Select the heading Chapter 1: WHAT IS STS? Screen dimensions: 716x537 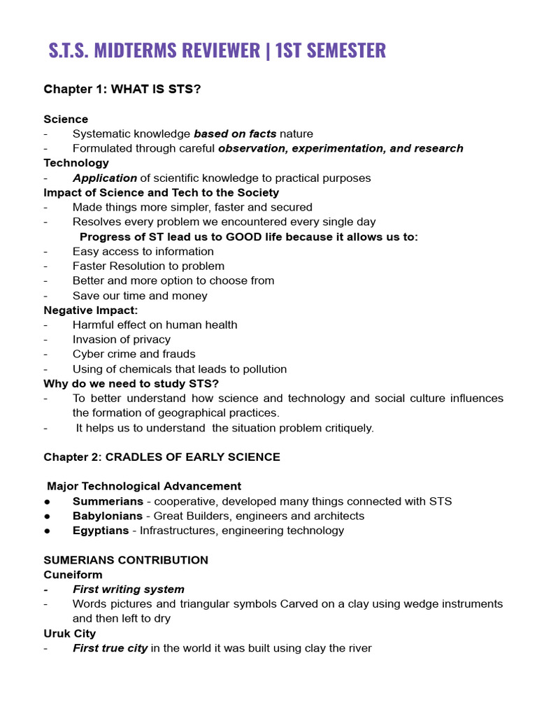(x=117, y=89)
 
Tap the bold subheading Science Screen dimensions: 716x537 (x=66, y=119)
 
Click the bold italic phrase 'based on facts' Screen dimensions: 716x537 (x=235, y=134)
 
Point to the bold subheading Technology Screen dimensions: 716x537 (x=76, y=163)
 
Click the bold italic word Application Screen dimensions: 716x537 (x=105, y=178)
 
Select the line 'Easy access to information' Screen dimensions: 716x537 (x=143, y=251)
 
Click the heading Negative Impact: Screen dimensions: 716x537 (x=91, y=310)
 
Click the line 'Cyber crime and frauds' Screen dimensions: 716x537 (x=134, y=354)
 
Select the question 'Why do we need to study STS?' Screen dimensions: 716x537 (x=131, y=383)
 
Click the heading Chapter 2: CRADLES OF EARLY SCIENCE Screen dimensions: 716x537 (x=162, y=457)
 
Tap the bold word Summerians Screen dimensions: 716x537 (x=110, y=501)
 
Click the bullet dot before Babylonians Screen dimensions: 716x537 (x=47, y=516)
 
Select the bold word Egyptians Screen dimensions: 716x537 (x=101, y=531)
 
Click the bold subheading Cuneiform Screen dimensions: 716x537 (x=73, y=575)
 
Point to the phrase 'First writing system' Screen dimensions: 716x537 (x=128, y=589)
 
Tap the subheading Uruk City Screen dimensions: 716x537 (x=70, y=633)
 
